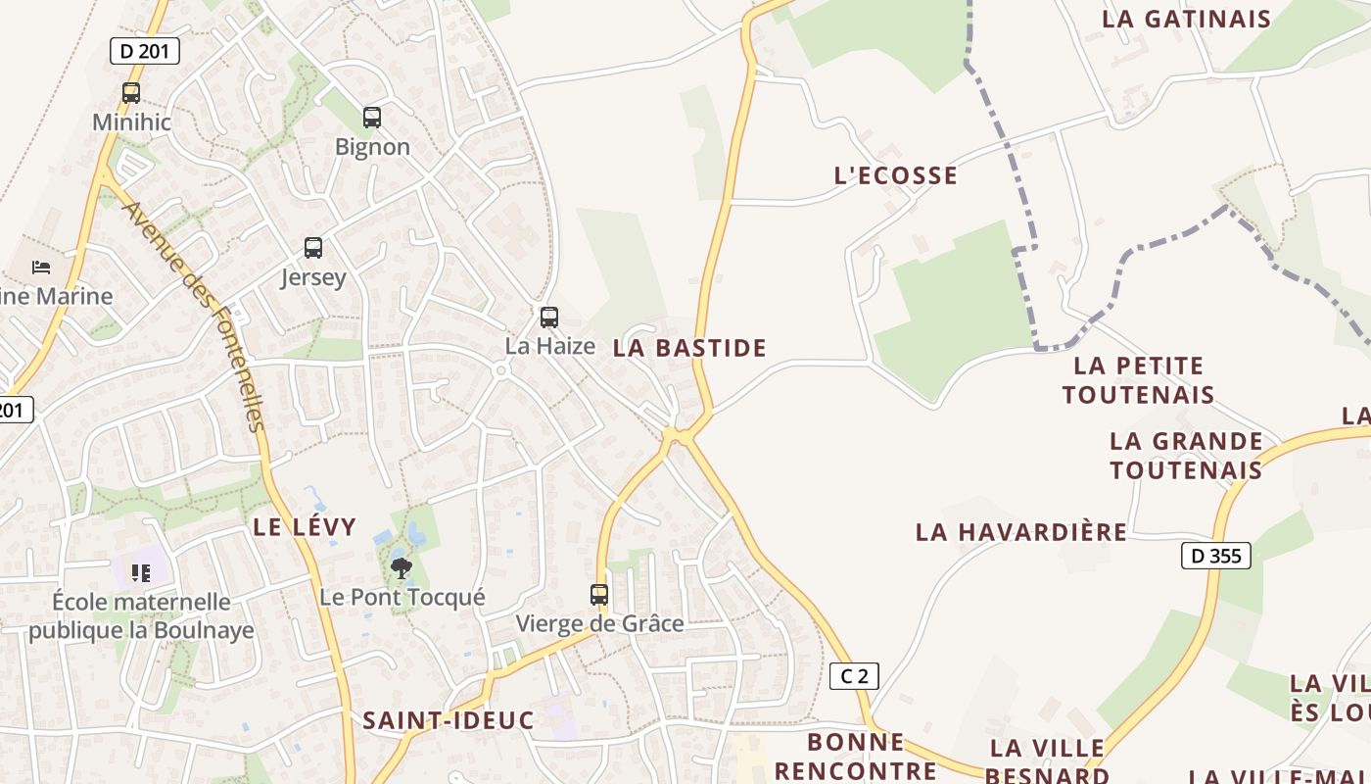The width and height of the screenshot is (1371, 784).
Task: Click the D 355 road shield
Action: pos(1216,556)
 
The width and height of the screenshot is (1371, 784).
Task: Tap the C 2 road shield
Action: pos(854,675)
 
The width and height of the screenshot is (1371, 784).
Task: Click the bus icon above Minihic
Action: pos(130,93)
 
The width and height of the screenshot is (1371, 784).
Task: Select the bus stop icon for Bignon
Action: pos(372,118)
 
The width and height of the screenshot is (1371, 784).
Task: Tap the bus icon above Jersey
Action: pos(313,248)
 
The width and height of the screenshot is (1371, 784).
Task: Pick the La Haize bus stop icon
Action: pos(549,318)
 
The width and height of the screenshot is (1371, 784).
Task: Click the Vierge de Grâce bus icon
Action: pos(599,594)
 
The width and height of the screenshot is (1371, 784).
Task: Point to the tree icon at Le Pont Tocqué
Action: pos(401,567)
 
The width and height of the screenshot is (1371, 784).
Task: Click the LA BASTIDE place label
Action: pos(689,348)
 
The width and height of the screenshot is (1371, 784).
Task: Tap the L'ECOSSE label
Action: pos(895,175)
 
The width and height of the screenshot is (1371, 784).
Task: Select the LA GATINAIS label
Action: pos(1186,19)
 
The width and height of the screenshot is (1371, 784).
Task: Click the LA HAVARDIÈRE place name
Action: pos(1020,532)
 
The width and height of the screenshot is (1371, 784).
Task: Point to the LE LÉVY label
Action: pos(305,526)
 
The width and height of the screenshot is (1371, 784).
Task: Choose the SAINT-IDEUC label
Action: pos(449,720)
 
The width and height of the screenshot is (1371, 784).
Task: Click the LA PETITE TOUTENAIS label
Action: pos(1138,380)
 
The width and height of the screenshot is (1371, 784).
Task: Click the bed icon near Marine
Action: pos(41,267)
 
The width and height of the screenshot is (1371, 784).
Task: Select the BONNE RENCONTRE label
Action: pos(856,756)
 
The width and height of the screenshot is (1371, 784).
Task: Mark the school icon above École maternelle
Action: pos(140,572)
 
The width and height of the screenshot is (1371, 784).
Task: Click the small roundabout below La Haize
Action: pos(501,370)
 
